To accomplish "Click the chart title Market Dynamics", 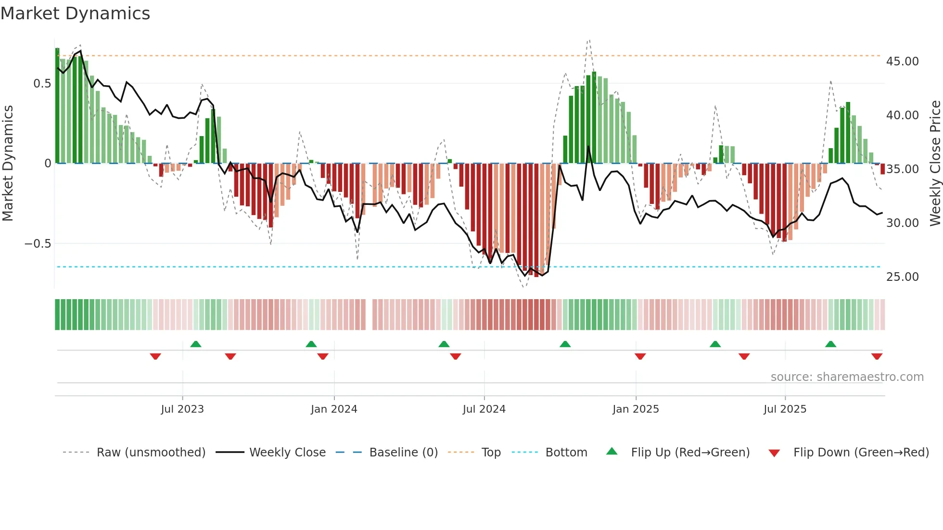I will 75,13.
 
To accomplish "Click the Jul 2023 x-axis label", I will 182,409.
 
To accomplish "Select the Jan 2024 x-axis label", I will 334,409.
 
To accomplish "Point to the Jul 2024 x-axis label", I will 484,409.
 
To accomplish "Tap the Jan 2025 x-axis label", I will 636,409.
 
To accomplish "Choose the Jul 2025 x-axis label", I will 785,409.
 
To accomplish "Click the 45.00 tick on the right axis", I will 902,62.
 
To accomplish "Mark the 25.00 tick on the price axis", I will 902,277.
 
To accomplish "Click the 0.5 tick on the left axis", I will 42,84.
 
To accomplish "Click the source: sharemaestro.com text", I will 847,377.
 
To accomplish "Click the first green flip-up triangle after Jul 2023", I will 196,344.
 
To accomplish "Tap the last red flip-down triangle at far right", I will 877,356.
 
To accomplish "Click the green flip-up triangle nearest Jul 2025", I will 830,344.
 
